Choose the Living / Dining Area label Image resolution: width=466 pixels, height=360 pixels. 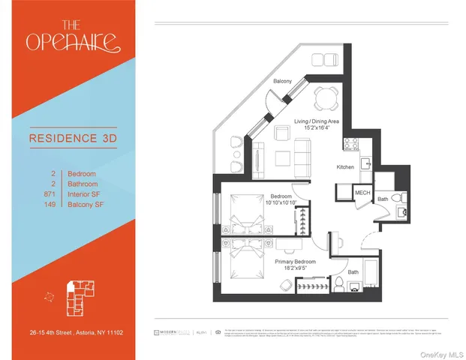(315, 121)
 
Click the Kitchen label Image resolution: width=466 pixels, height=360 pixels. (345, 167)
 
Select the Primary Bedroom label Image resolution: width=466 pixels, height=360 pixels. (295, 261)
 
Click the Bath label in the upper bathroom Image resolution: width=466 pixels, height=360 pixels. (383, 199)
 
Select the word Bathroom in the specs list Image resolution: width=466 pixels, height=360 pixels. (83, 184)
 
